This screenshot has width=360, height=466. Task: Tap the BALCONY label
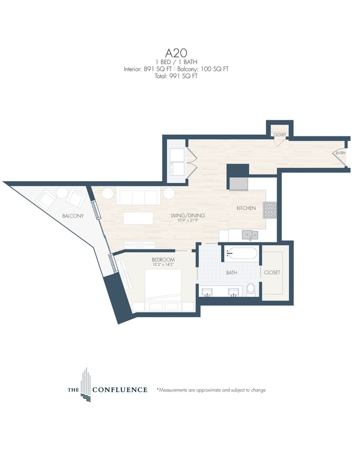click(73, 216)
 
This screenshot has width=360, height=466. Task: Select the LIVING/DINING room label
click(187, 215)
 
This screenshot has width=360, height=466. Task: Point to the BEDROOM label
click(163, 260)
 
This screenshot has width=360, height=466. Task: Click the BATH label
click(231, 273)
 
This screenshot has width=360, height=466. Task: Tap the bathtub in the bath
click(241, 255)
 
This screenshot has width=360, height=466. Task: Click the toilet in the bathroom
click(251, 289)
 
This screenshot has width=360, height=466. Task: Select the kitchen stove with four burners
click(269, 210)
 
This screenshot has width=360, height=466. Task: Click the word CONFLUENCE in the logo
click(119, 390)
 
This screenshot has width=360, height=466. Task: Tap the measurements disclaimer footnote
click(211, 390)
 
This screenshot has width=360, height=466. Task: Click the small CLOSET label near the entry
click(279, 135)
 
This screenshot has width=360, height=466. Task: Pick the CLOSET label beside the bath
click(272, 273)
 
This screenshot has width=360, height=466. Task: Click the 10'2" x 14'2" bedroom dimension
click(163, 265)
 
